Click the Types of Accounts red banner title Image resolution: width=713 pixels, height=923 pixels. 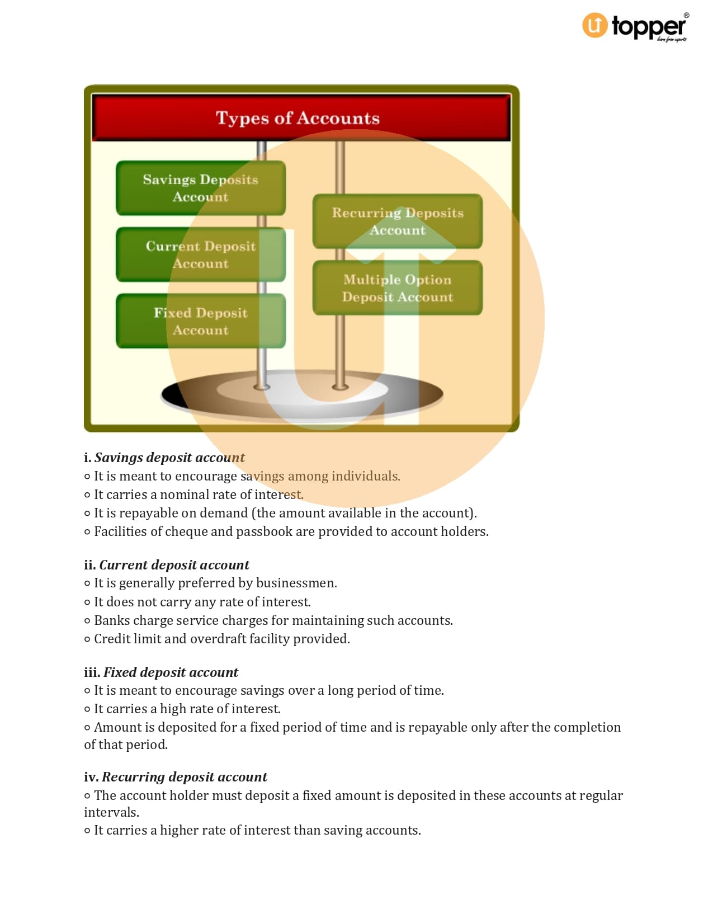point(298,118)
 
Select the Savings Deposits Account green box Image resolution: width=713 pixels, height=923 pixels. point(201,188)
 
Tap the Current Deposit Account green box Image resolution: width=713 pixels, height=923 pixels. point(201,255)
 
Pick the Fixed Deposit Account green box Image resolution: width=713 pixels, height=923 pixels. point(201,321)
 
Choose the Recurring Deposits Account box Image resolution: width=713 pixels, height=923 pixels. point(398,221)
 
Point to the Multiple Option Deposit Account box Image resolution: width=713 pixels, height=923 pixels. point(398,288)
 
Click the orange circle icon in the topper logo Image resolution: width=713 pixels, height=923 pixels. point(594,25)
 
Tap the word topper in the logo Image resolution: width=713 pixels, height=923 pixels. point(649,27)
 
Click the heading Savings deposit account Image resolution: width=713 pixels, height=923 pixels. point(169,458)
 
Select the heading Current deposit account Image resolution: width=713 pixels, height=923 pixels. point(174,565)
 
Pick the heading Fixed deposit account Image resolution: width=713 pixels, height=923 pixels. point(171,672)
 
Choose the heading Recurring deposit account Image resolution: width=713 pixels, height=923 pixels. point(185,777)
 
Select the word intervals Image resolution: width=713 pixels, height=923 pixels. point(111,812)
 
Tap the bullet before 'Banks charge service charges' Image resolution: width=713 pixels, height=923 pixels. point(87,621)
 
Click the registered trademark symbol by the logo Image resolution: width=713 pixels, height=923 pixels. point(687,16)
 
